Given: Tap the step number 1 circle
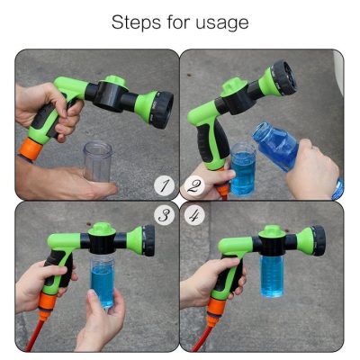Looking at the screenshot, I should [x=162, y=186].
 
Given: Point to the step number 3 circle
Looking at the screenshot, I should [x=162, y=215].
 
